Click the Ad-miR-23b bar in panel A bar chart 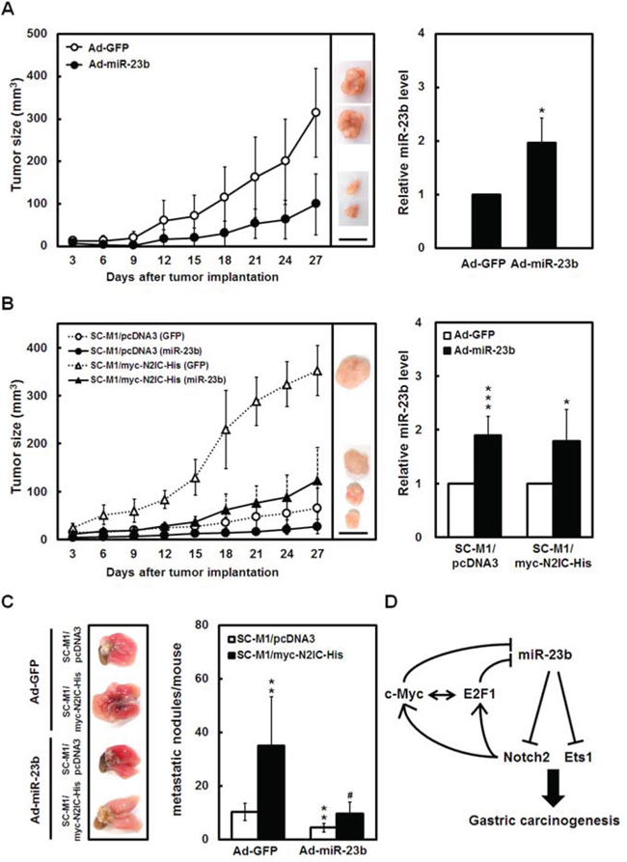541,195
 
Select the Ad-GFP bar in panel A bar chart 486,221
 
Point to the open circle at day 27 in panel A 316,113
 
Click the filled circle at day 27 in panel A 316,204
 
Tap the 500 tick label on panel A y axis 42,34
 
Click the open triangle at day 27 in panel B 316,371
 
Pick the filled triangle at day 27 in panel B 316,481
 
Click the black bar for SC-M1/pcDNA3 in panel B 487,486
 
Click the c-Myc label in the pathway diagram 404,694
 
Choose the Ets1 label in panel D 579,758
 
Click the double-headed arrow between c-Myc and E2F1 442,695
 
